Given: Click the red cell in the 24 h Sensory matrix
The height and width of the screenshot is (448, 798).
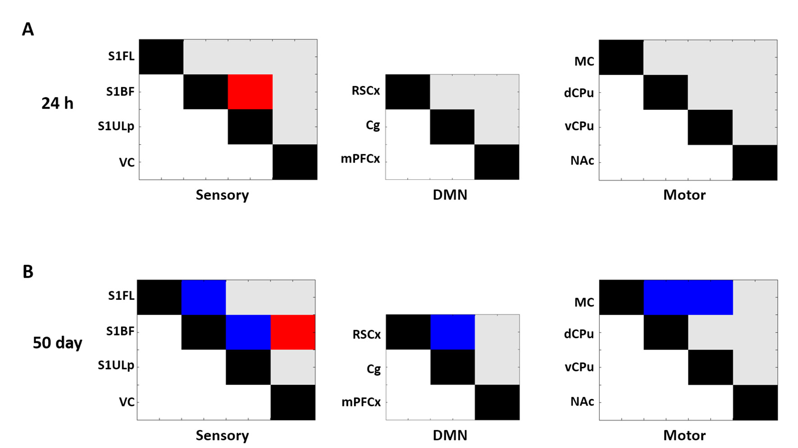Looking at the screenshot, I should (250, 92).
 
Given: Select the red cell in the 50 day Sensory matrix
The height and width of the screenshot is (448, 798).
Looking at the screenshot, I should (293, 332).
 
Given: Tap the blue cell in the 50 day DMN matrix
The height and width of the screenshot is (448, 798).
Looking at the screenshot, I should (453, 332).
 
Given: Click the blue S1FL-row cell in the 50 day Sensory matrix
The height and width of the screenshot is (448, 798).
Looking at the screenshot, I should (204, 297).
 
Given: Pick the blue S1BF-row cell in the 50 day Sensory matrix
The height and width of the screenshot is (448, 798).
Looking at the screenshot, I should (248, 332).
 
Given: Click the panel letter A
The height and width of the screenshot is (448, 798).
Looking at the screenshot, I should (28, 30).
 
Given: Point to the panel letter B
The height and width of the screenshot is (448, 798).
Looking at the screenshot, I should (28, 272).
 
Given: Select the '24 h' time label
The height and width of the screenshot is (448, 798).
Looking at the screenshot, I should (57, 104).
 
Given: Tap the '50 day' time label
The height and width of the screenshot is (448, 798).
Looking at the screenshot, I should (57, 343).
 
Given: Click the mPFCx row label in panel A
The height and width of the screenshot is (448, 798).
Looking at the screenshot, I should (360, 159).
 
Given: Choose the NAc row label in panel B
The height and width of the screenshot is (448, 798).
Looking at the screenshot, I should (582, 402).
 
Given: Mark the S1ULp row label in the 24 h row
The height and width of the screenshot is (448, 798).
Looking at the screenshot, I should (116, 127).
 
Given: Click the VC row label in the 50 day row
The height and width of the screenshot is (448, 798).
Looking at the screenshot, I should (127, 402).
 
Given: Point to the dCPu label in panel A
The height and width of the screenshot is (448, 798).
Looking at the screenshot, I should (579, 93).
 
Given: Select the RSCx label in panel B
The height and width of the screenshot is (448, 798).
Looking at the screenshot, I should (366, 335).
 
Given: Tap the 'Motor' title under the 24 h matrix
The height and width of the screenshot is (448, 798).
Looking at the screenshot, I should (684, 195).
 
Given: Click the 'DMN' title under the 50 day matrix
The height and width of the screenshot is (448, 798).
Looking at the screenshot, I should (450, 435).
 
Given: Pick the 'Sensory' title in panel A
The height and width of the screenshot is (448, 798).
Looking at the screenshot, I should (222, 195).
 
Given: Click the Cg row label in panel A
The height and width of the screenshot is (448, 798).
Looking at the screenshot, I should (372, 125).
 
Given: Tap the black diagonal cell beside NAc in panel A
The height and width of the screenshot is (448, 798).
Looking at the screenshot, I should (755, 163).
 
